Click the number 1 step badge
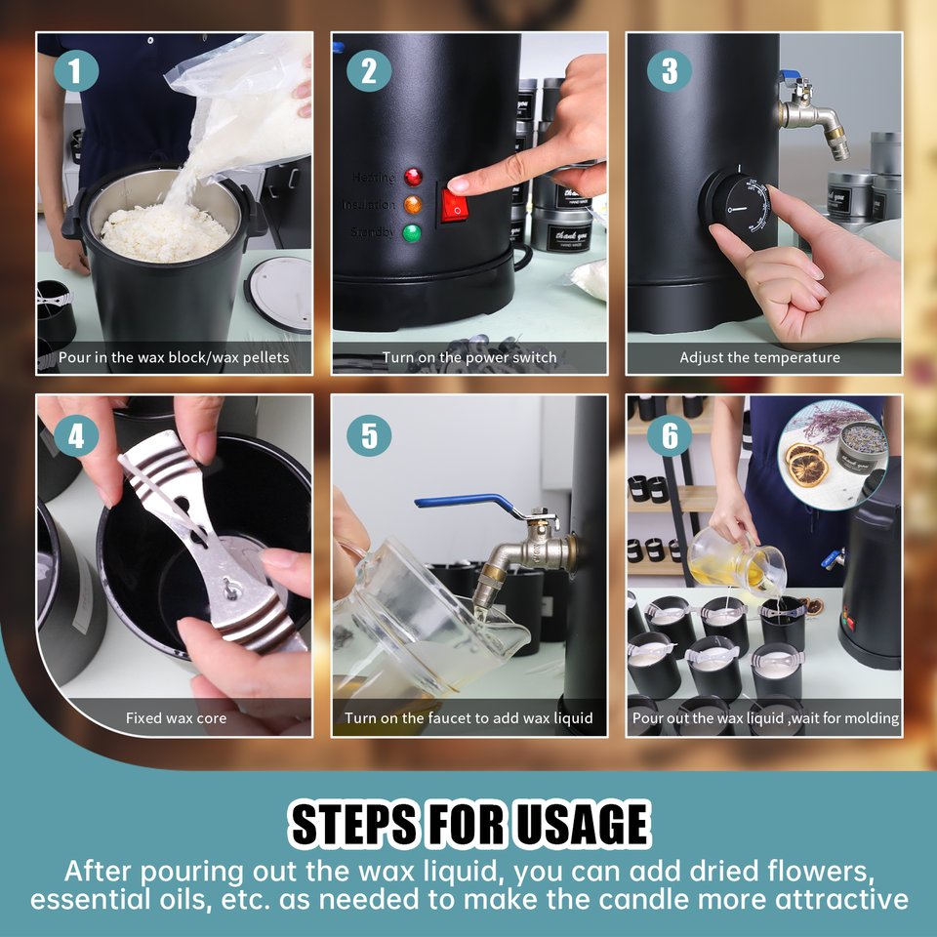point(76,70)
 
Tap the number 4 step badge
point(76,436)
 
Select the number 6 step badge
point(669,436)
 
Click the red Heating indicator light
point(413,178)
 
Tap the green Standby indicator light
point(413,232)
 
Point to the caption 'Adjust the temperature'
point(759,357)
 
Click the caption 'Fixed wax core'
point(176,718)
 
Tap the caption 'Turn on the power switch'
point(469,357)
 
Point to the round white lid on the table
point(280,293)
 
